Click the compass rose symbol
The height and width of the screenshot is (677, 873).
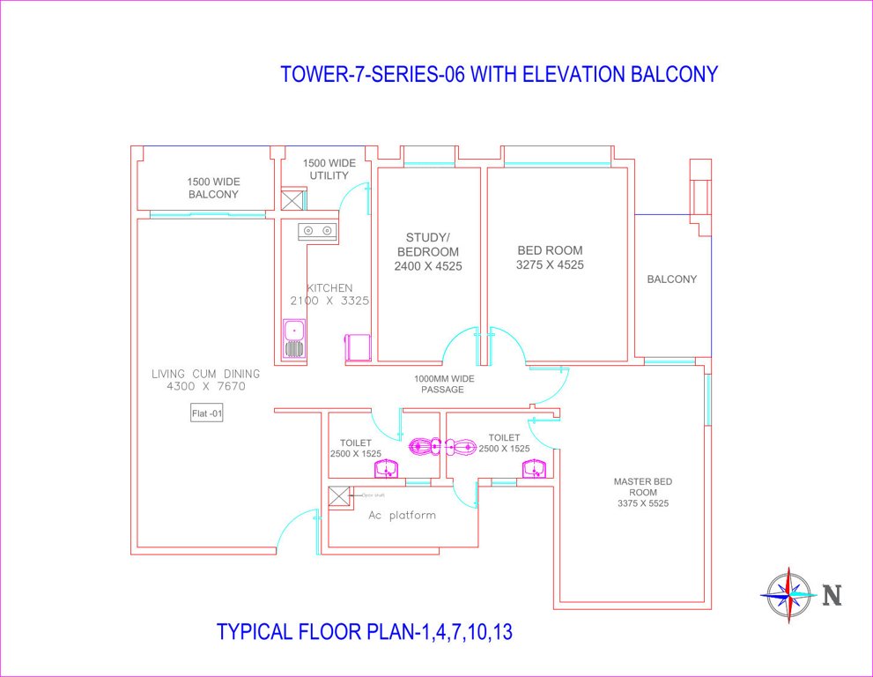point(788,595)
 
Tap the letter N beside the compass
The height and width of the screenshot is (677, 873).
point(832,596)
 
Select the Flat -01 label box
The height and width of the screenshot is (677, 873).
point(207,413)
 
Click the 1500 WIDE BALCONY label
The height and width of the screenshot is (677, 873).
point(212,188)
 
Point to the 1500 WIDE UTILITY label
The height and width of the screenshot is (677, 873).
point(329,169)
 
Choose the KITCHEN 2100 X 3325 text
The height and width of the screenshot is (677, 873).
point(329,294)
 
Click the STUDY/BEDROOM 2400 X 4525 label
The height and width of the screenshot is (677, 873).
point(428,251)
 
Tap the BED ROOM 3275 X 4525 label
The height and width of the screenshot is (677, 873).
point(550,257)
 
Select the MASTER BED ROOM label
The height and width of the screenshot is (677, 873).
point(643,492)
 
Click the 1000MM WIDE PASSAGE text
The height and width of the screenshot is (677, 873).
point(439,383)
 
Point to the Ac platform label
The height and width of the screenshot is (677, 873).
point(402,516)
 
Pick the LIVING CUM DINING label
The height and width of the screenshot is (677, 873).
point(206,380)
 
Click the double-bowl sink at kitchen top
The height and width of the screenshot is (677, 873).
point(317,231)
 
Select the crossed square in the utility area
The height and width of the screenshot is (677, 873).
point(292,199)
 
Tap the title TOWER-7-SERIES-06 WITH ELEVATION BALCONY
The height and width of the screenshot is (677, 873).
point(499,74)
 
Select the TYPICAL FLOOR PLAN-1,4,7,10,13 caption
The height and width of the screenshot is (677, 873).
point(364,632)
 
